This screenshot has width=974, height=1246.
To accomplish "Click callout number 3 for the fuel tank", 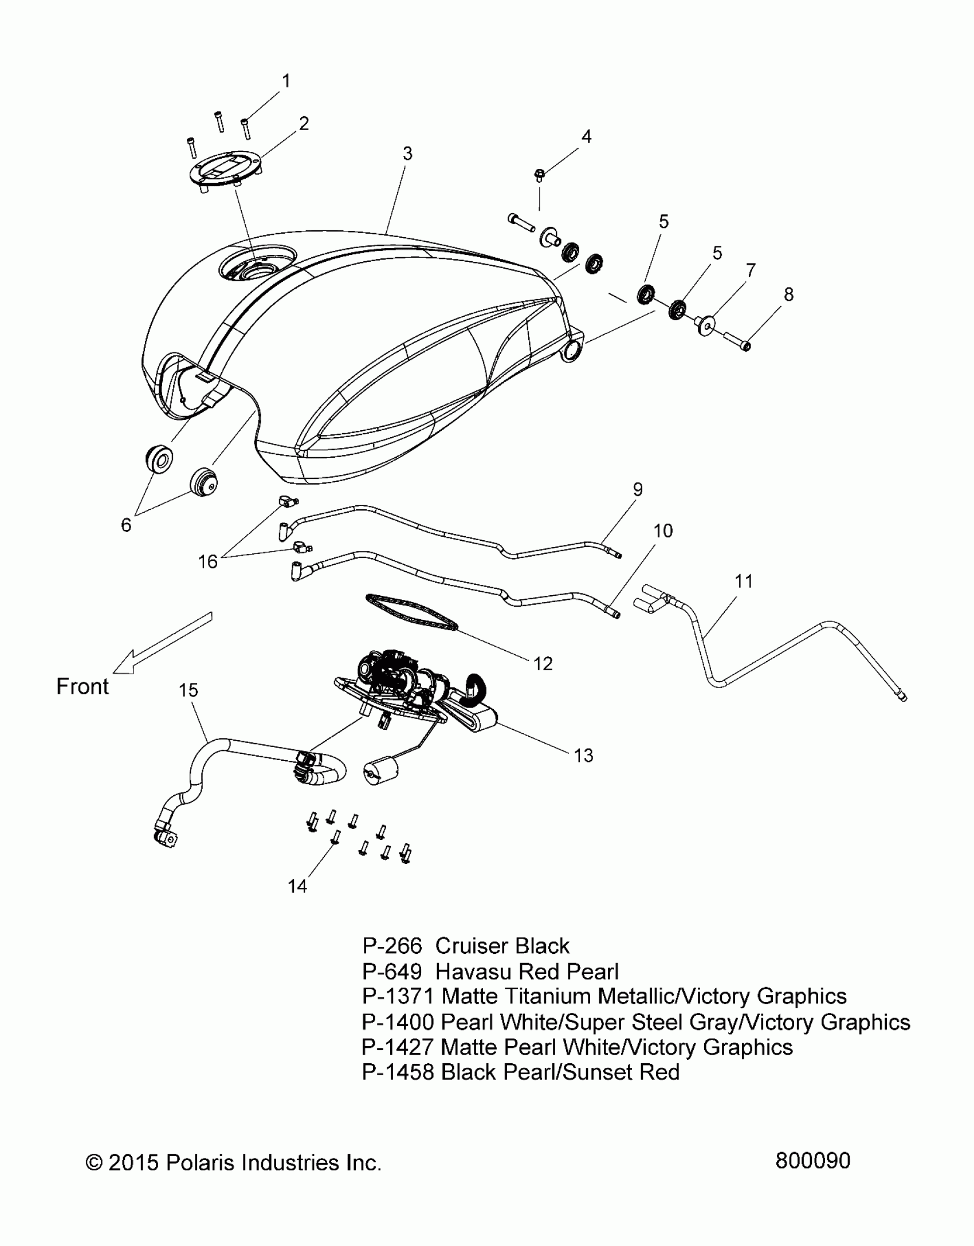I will (x=407, y=154).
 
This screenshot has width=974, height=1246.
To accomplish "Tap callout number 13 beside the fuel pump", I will (x=584, y=756).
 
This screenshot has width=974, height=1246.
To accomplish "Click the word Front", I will (x=83, y=686).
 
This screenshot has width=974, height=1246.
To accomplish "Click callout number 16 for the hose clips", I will (x=208, y=561).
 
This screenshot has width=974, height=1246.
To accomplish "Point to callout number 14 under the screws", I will (x=297, y=886).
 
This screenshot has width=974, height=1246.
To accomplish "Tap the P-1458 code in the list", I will (x=398, y=1072).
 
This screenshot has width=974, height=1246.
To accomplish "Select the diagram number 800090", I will (x=812, y=1161).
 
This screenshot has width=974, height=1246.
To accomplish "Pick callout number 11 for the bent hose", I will (x=744, y=581).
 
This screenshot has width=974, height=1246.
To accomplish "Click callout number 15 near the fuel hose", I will (x=188, y=690).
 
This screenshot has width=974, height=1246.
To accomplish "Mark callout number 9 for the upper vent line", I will (x=638, y=490).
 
